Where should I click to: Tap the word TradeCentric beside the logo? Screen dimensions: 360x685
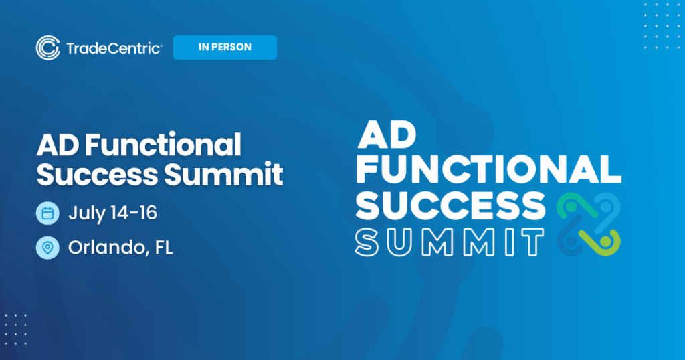(114, 48)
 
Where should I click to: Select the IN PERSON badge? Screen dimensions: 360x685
(225, 48)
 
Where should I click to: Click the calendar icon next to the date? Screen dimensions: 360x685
(47, 214)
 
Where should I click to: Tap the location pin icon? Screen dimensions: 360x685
(47, 248)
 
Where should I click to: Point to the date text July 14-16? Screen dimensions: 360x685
(112, 214)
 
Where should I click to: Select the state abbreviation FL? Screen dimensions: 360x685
(163, 248)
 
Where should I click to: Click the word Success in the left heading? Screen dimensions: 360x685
(98, 175)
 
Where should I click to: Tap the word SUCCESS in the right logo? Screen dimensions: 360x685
(449, 206)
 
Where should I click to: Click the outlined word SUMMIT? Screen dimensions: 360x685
(448, 242)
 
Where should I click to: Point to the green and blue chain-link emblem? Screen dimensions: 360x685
(589, 223)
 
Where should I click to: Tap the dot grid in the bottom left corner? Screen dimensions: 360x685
(16, 329)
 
